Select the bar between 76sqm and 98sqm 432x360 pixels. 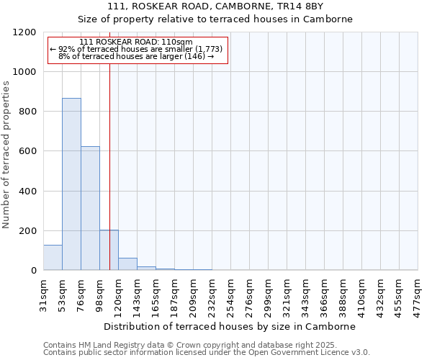90,208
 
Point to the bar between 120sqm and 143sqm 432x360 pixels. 127,264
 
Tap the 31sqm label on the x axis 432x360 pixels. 44,293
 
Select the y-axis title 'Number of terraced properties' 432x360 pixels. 6,155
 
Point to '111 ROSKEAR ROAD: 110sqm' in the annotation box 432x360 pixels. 136,42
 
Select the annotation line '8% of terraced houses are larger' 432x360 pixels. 136,55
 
